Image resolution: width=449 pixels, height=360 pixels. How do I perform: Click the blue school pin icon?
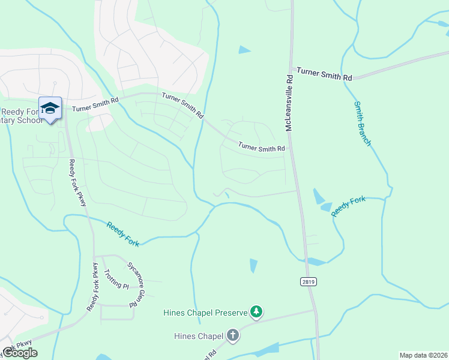50,109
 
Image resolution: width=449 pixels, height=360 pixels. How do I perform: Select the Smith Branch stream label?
362,124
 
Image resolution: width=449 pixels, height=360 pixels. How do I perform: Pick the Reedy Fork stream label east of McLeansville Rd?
348,206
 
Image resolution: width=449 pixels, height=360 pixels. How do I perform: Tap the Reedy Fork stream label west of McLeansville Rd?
123,233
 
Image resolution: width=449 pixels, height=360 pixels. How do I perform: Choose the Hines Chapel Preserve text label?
205,313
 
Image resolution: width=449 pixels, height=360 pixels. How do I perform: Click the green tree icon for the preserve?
257,311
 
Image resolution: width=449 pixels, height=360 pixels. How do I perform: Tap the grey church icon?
232,336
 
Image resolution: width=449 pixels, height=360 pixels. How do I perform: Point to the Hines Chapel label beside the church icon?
198,336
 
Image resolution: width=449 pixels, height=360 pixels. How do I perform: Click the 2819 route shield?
308,281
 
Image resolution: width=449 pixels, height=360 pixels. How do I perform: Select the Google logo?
19,353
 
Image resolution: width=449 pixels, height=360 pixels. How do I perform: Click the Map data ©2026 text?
423,355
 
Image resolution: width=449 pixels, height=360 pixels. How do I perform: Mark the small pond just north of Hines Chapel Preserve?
253,265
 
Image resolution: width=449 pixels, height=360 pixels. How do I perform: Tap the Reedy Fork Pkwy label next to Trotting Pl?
93,287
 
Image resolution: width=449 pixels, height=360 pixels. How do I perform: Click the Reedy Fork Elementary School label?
22,116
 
